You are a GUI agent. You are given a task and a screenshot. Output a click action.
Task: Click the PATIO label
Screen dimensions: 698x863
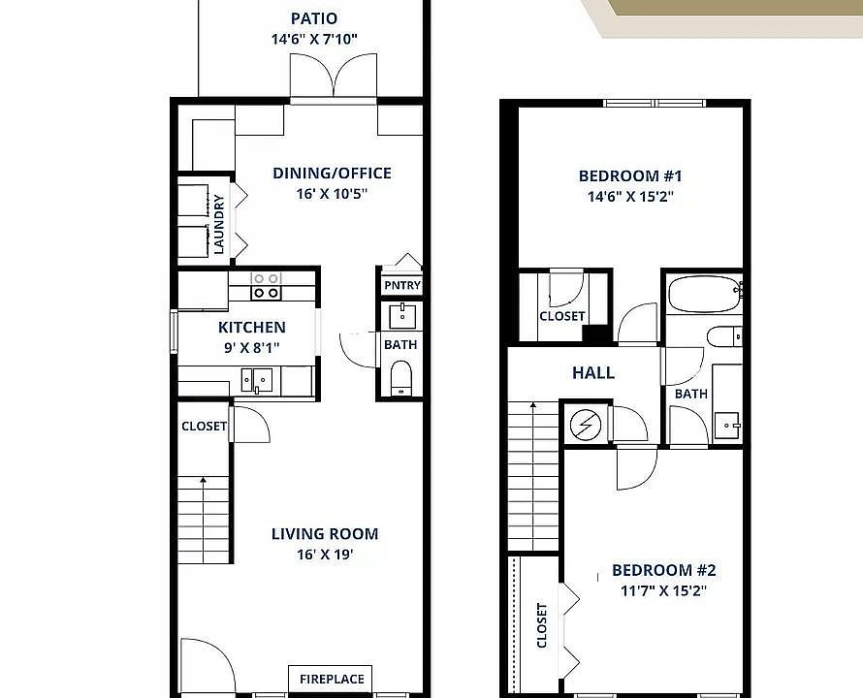[313, 18]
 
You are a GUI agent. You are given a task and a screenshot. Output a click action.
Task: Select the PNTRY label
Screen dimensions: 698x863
[401, 285]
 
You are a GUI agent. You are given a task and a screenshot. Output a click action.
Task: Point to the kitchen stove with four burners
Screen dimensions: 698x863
[267, 286]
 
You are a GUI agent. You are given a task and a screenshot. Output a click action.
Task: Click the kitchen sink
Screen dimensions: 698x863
[260, 381]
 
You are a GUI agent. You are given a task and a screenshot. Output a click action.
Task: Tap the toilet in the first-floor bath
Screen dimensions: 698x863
[400, 377]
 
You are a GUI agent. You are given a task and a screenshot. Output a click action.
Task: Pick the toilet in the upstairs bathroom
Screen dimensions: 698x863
[723, 336]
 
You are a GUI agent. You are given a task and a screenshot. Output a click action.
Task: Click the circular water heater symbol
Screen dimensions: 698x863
[588, 424]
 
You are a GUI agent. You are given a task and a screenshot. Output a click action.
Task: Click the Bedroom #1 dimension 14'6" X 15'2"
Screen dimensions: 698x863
[630, 197]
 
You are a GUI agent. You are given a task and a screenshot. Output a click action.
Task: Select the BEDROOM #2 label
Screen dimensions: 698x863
[663, 571]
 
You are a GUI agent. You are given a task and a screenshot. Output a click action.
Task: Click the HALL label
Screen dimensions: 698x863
[593, 372]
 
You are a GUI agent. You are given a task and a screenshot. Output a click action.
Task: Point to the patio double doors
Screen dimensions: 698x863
[333, 78]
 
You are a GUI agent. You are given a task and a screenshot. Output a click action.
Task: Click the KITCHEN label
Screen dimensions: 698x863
[251, 328]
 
